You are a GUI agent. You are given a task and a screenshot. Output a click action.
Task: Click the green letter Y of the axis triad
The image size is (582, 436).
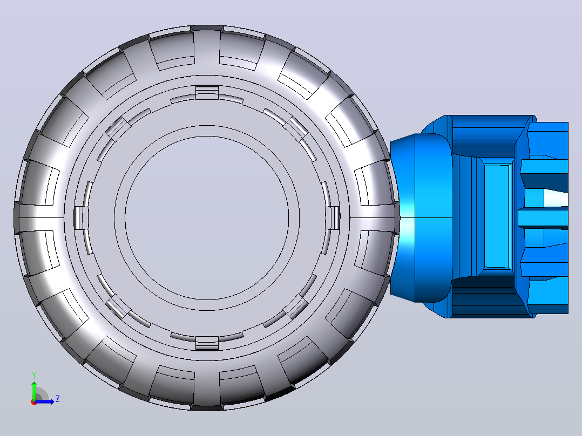[x=34, y=375]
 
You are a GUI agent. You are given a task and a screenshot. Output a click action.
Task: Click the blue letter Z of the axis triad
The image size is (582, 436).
[x=58, y=399]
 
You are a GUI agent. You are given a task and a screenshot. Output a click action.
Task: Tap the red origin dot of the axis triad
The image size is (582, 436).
[x=34, y=402]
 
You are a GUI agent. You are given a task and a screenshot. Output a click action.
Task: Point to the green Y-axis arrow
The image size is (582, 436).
[x=34, y=390]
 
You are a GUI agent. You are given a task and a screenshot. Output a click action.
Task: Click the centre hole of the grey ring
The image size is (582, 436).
[x=207, y=218]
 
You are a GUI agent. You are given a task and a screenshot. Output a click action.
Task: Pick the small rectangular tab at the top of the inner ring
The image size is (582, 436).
[x=207, y=92]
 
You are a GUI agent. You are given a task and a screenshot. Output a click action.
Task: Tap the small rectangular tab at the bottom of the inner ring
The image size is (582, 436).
[x=207, y=343]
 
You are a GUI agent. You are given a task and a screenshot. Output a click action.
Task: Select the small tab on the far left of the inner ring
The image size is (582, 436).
[x=81, y=218]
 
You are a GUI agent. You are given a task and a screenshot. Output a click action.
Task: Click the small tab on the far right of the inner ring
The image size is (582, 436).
[x=333, y=218]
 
